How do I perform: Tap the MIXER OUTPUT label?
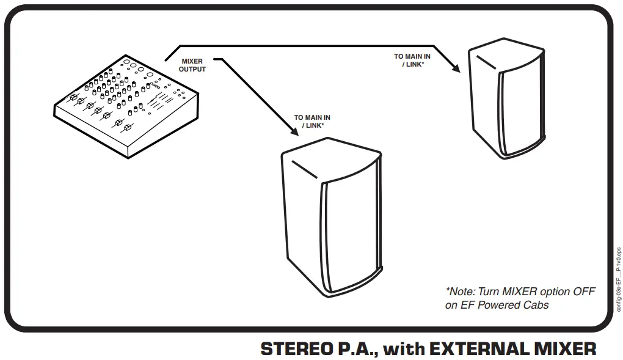192,65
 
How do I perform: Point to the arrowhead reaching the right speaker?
455,69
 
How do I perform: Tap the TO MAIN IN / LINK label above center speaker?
312,121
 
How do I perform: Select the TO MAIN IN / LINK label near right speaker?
412,61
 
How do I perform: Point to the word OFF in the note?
583,292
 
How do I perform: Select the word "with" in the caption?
404,348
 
